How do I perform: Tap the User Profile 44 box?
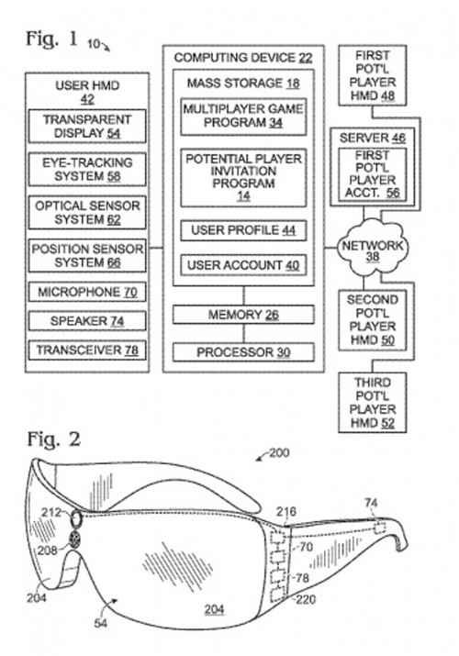coord(242,229)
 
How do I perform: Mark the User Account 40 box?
coord(242,266)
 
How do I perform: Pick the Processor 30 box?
coord(242,352)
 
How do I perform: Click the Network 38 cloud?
coord(371,250)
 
